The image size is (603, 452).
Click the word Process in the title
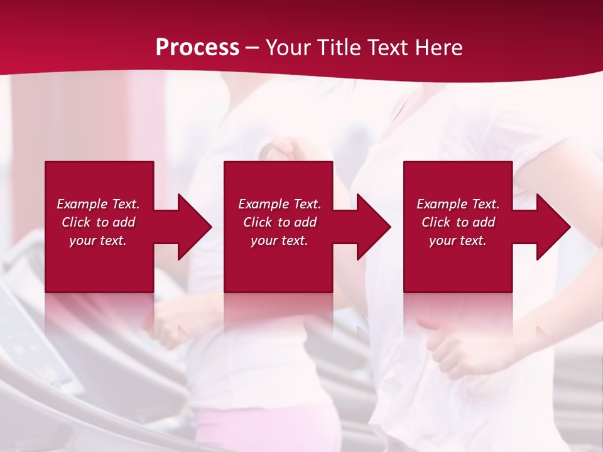(197, 48)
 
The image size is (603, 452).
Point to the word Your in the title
(290, 48)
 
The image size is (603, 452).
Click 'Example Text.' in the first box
(98, 204)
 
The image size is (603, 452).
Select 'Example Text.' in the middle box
(280, 204)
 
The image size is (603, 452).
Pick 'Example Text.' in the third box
(458, 204)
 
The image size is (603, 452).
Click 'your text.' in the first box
(98, 240)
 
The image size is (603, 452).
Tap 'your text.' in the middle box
(280, 240)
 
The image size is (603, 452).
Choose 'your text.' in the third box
(458, 240)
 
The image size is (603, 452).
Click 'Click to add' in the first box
(98, 222)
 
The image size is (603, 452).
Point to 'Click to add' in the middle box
(280, 222)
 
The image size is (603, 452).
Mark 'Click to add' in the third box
(458, 222)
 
